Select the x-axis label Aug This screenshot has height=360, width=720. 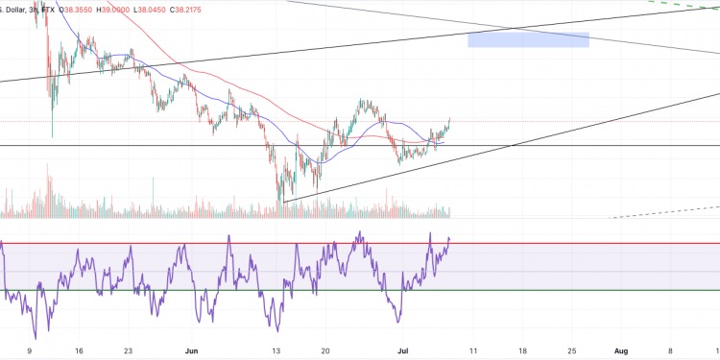pos(620,351)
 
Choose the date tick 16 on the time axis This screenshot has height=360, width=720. pos(79,351)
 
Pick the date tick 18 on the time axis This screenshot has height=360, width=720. pos(522,351)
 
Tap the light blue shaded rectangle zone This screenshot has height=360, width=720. pos(528,39)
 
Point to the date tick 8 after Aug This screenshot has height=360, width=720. pos(670,351)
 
